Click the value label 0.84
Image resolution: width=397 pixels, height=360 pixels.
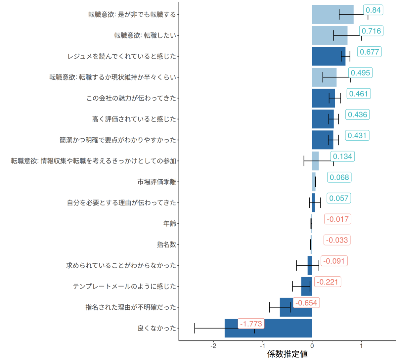click(x=373, y=10)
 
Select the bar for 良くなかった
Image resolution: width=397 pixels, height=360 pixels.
click(x=268, y=328)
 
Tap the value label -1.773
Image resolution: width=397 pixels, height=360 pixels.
click(x=251, y=324)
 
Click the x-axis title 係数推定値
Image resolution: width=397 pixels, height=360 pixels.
click(x=287, y=354)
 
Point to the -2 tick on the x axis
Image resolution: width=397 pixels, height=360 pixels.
click(x=213, y=346)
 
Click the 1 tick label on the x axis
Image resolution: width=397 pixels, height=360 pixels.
click(x=361, y=346)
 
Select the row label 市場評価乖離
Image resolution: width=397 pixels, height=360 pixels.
click(x=157, y=182)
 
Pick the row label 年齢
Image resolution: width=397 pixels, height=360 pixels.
click(x=170, y=224)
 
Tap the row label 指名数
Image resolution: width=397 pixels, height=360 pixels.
click(x=166, y=245)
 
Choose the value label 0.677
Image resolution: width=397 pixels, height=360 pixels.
click(x=369, y=52)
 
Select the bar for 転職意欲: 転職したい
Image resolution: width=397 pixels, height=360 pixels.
click(x=330, y=35)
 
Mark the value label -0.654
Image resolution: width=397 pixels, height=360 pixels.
click(x=306, y=303)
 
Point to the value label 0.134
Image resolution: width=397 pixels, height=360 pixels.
click(x=342, y=157)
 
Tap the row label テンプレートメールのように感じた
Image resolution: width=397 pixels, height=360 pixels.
click(x=124, y=287)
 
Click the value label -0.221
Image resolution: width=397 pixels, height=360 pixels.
click(x=328, y=282)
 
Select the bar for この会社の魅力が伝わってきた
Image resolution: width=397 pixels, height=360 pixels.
click(x=323, y=98)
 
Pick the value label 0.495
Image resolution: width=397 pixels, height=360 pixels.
click(x=360, y=73)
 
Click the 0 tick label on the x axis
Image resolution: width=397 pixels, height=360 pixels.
click(x=312, y=346)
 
